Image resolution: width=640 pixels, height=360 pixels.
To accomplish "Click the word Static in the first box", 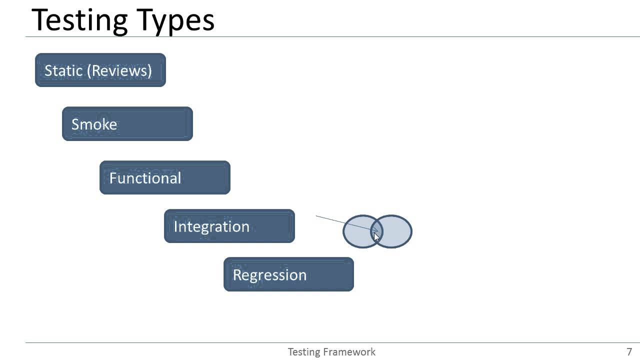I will click(x=63, y=70).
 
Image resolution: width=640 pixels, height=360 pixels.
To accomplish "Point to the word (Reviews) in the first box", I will click(x=119, y=70).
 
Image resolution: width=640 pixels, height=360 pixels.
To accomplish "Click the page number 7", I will click(x=629, y=352).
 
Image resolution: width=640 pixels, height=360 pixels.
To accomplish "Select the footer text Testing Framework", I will click(x=331, y=352).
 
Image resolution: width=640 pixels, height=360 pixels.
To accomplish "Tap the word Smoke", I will click(x=94, y=124).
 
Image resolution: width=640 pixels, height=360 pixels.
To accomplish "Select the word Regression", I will click(x=269, y=275).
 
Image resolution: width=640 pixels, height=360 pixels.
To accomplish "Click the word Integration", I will click(x=211, y=226).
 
